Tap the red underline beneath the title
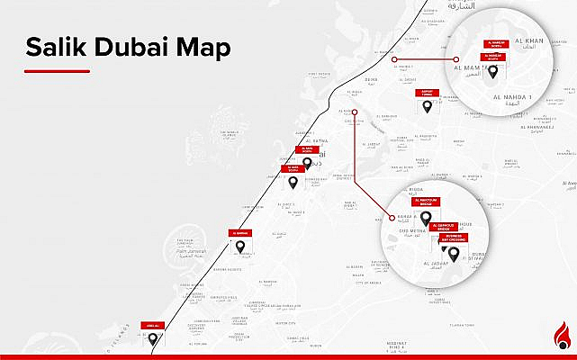point(57,70)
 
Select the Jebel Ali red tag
point(154,324)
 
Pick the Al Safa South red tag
point(293,167)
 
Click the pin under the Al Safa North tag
point(308,164)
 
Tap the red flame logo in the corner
point(563,338)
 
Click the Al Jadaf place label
point(436,264)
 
